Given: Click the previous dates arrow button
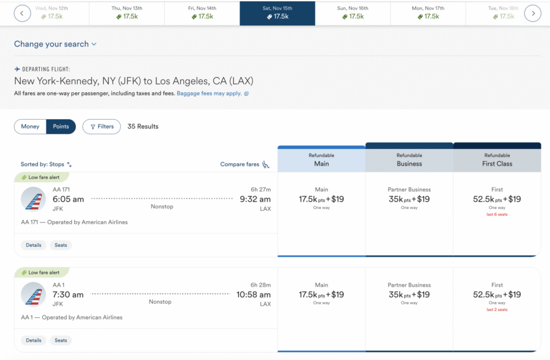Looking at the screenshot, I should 22,13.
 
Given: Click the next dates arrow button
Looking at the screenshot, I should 533,13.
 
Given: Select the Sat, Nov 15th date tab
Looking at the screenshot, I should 277,13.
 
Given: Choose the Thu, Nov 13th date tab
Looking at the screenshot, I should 127,13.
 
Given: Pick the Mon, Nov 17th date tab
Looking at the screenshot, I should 428,13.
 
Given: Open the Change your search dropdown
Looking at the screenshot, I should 56,44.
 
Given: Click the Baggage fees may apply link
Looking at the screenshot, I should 210,94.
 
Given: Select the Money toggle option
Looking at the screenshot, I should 30,127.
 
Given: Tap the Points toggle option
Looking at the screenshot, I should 61,127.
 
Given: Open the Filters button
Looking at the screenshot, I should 101,127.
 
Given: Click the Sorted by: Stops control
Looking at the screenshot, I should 46,164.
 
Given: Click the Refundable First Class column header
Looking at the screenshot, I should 497,160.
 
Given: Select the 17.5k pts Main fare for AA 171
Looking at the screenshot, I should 321,199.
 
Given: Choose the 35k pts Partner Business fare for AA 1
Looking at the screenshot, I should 409,295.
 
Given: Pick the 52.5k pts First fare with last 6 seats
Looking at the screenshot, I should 497,199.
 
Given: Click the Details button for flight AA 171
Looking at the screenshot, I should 34,245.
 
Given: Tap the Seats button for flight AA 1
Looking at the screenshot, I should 61,340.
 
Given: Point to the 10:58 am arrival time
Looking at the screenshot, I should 254,295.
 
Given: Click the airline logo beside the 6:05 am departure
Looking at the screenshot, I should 33,199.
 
